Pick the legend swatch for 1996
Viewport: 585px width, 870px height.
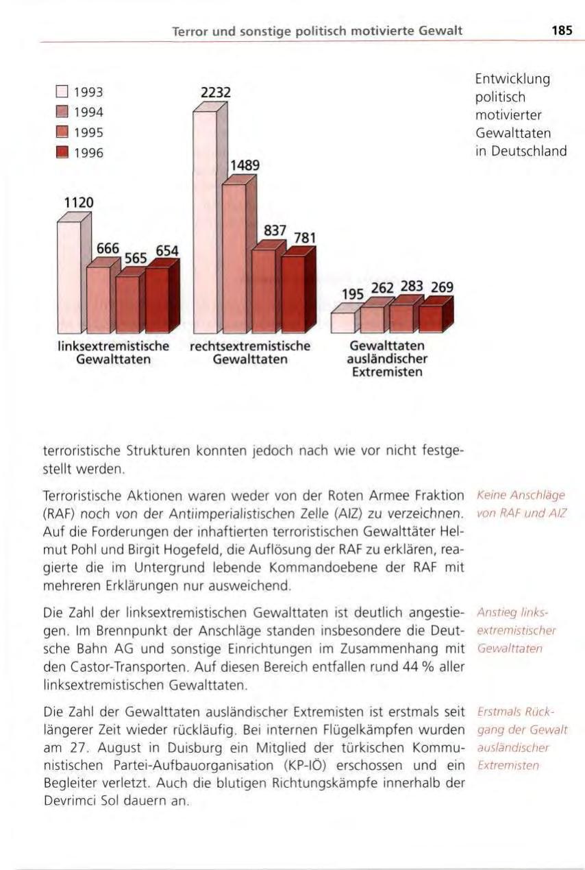pos(62,152)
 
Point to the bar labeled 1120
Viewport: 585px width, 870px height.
pos(69,274)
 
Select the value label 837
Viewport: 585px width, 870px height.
pos(274,231)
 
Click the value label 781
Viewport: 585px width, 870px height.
pos(304,238)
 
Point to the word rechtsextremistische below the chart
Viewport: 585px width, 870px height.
pos(250,347)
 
